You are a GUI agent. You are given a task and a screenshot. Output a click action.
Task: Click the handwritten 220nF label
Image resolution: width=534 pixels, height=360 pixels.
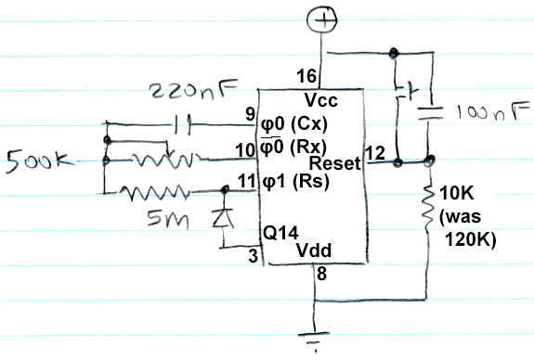coord(194,93)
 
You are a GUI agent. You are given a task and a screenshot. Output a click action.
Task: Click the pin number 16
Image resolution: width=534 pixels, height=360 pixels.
coord(306,76)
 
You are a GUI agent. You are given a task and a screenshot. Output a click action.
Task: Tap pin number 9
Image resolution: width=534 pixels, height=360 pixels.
coord(249,115)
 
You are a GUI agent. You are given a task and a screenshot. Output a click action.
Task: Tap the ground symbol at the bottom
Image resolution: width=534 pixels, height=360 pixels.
coord(317,339)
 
